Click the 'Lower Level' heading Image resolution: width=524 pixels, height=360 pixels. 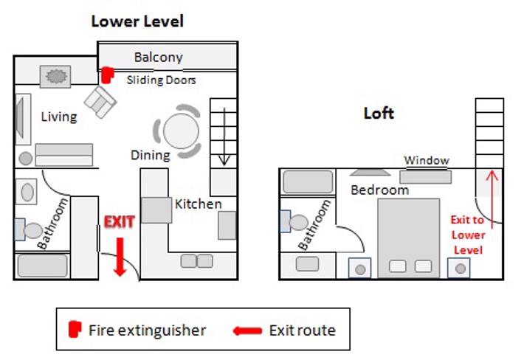point(137,21)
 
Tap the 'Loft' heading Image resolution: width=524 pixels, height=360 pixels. point(379,113)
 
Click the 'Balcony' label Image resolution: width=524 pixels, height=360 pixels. point(158,57)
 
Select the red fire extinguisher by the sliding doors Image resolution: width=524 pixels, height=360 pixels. point(108,75)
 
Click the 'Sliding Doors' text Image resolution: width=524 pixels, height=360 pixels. point(161,79)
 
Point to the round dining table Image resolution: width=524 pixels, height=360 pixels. point(181,132)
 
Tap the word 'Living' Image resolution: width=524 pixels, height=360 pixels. point(59,116)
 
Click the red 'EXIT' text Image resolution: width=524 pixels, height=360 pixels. point(119,221)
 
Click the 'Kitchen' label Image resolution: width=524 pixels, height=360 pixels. point(198,204)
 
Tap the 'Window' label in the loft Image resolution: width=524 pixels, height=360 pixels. point(426,160)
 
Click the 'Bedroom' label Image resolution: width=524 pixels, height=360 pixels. point(379,190)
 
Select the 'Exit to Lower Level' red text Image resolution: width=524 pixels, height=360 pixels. point(468,235)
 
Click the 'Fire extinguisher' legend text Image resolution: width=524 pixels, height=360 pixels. point(147,330)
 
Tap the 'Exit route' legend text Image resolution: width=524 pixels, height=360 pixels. point(302,330)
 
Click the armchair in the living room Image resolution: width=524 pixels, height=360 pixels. point(100,102)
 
